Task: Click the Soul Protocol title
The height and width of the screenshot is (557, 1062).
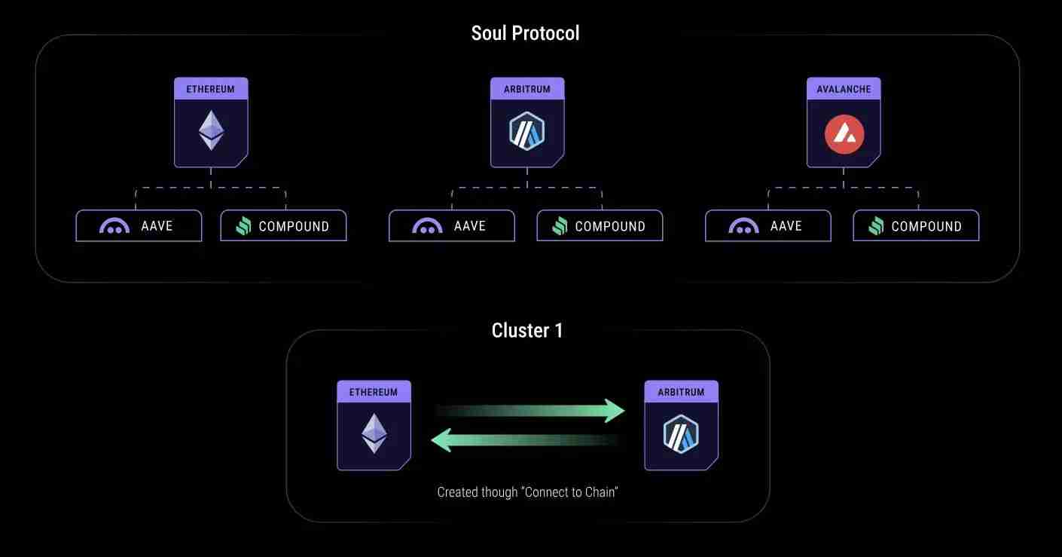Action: [x=525, y=33]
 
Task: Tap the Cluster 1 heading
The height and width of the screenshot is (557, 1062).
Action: [x=527, y=330]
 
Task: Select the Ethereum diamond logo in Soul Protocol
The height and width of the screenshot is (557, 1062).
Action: [x=211, y=130]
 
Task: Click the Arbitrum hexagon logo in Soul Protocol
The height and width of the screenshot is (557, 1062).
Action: [x=526, y=131]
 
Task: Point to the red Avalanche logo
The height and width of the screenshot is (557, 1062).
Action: [x=844, y=134]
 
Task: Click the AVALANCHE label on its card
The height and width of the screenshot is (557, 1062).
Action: [x=844, y=89]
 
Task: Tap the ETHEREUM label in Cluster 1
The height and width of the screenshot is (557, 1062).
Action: [x=374, y=393]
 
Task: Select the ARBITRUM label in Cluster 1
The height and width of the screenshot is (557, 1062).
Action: [x=682, y=393]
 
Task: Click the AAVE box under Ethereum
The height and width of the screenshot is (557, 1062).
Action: [x=139, y=226]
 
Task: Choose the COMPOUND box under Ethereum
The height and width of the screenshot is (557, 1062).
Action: [x=283, y=226]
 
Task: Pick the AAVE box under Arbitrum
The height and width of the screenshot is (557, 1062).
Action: [x=452, y=226]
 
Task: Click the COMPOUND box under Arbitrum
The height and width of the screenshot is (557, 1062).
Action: [x=600, y=226]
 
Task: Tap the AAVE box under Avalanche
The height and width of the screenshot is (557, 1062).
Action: [x=768, y=226]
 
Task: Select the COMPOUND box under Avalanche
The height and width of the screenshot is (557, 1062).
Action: [x=916, y=226]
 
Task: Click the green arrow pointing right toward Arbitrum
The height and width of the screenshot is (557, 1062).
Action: [x=530, y=411]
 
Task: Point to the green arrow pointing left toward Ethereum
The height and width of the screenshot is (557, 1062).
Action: [x=525, y=440]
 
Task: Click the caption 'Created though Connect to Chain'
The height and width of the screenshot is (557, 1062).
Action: [x=527, y=492]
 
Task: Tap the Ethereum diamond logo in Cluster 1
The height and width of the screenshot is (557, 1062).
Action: [x=374, y=433]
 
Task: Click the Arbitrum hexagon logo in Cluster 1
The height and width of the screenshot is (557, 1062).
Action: [x=681, y=434]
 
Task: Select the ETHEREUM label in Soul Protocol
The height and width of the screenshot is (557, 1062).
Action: [x=210, y=89]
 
